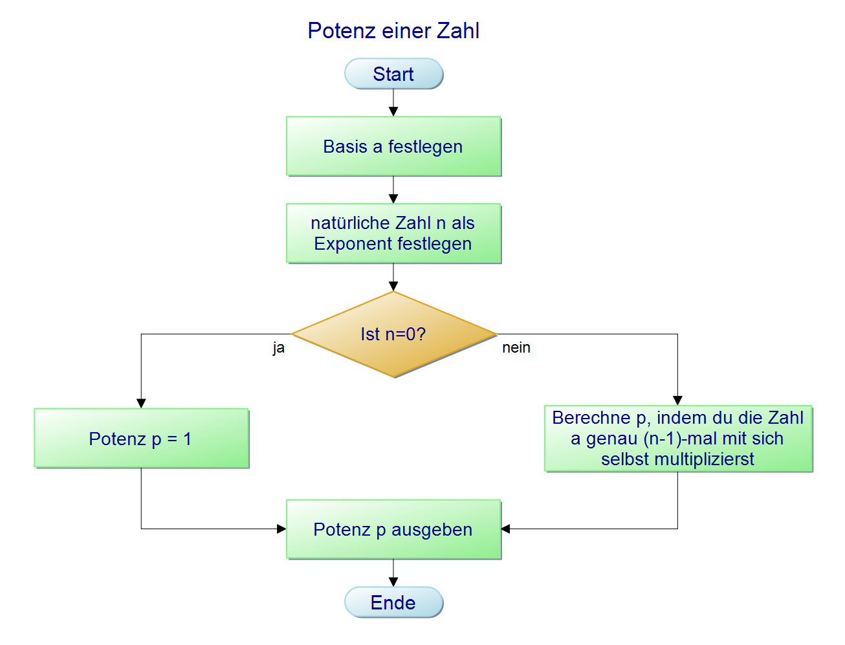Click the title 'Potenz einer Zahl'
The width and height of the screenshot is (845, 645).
pyautogui.click(x=393, y=31)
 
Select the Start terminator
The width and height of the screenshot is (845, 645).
pyautogui.click(x=393, y=74)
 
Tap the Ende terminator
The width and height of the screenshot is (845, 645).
pyautogui.click(x=393, y=602)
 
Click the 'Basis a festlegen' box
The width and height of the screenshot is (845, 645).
pyautogui.click(x=393, y=146)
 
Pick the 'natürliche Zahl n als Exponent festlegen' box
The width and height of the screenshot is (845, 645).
pyautogui.click(x=393, y=234)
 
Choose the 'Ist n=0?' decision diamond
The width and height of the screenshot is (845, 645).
pyautogui.click(x=393, y=334)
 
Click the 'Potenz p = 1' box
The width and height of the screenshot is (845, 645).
pyautogui.click(x=141, y=439)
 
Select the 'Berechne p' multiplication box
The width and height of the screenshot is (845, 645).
pyautogui.click(x=677, y=439)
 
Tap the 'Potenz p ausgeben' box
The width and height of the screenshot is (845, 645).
pyautogui.click(x=393, y=529)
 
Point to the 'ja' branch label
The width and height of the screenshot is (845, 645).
pyautogui.click(x=278, y=348)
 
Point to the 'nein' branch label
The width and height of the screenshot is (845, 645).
pyautogui.click(x=516, y=348)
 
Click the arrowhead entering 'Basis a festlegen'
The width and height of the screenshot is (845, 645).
pyautogui.click(x=393, y=112)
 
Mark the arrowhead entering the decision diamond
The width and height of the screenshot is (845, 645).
pyautogui.click(x=393, y=286)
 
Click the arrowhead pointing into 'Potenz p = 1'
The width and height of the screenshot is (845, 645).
pyautogui.click(x=141, y=403)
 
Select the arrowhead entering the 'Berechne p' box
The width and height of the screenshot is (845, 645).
pyautogui.click(x=677, y=400)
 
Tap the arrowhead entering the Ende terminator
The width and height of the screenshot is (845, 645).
pyautogui.click(x=393, y=582)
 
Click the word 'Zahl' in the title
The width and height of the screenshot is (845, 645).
pyautogui.click(x=458, y=31)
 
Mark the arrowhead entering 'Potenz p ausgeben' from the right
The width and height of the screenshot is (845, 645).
pyautogui.click(x=506, y=529)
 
